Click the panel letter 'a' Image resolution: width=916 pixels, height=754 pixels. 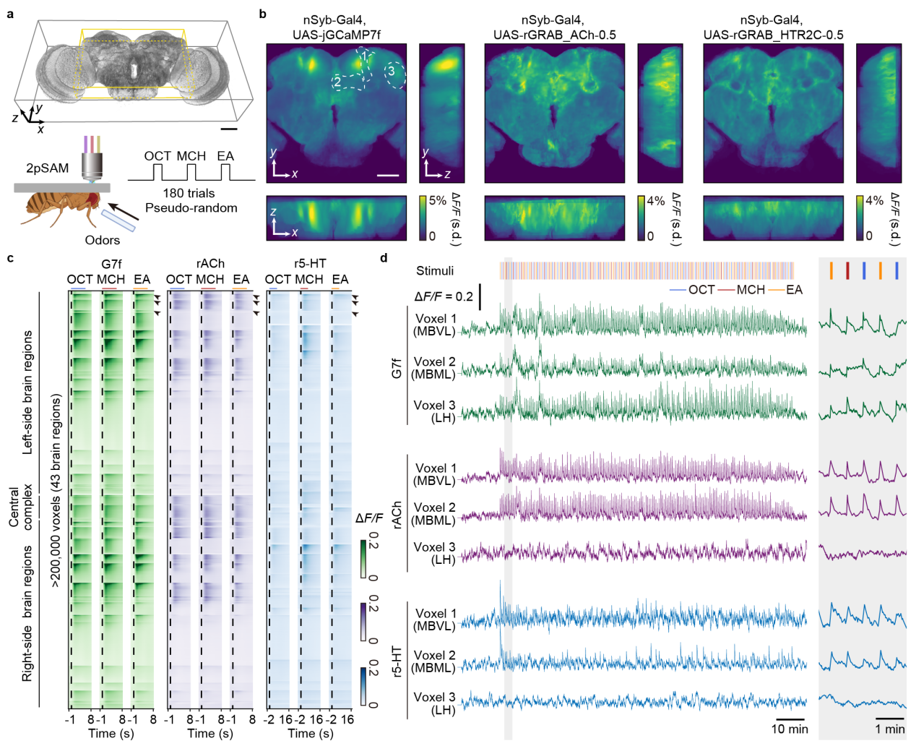pos(10,13)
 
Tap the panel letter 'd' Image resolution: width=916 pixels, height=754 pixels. pos(384,257)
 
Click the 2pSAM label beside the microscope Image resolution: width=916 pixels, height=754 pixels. pos(48,168)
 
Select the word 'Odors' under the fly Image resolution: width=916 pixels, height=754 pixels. pos(103,240)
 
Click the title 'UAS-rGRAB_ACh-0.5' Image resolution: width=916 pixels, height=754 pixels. pos(554,35)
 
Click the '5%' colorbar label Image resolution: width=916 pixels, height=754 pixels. pos(438,201)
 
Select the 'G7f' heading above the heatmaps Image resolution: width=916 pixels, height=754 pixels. pos(111,264)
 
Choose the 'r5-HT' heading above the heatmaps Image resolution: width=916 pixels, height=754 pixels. pos(310,264)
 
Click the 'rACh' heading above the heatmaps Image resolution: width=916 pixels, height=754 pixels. pos(210,264)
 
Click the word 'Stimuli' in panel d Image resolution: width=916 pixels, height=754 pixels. pos(435,271)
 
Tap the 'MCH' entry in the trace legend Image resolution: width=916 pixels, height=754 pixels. pos(751,290)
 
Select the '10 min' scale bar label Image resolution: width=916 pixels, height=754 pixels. pos(790,729)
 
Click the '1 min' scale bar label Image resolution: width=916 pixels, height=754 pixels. pos(890,729)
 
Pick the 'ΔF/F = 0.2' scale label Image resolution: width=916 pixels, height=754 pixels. pos(444,296)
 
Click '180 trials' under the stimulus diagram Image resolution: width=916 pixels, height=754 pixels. pos(189,193)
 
